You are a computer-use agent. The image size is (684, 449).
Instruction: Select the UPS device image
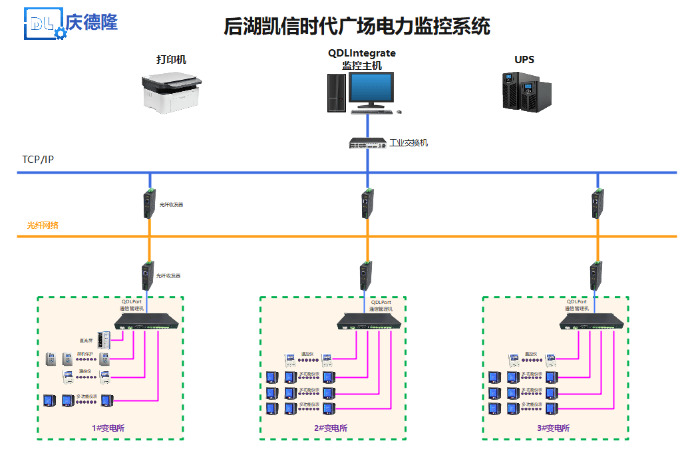[526, 91]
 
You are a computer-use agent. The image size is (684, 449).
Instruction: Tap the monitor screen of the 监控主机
[371, 88]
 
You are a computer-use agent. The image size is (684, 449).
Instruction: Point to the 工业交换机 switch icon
[367, 142]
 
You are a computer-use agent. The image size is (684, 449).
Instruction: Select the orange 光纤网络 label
[43, 225]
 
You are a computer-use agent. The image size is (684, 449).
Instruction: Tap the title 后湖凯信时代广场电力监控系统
[357, 27]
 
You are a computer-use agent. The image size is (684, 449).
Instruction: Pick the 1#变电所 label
[108, 428]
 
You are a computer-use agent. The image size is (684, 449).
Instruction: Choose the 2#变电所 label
[331, 428]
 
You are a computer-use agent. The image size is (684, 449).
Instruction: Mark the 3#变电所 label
[554, 428]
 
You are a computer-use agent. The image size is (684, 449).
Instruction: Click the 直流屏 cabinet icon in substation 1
[102, 339]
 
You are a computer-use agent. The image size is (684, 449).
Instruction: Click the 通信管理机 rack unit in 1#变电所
[148, 321]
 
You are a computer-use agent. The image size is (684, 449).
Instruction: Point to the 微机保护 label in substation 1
[85, 354]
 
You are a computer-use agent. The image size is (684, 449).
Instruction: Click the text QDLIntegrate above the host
[361, 53]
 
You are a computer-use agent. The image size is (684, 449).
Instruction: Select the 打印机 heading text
[171, 60]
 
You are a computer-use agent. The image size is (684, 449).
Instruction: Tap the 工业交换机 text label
[409, 143]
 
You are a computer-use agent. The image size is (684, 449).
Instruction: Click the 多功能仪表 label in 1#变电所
[86, 396]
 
